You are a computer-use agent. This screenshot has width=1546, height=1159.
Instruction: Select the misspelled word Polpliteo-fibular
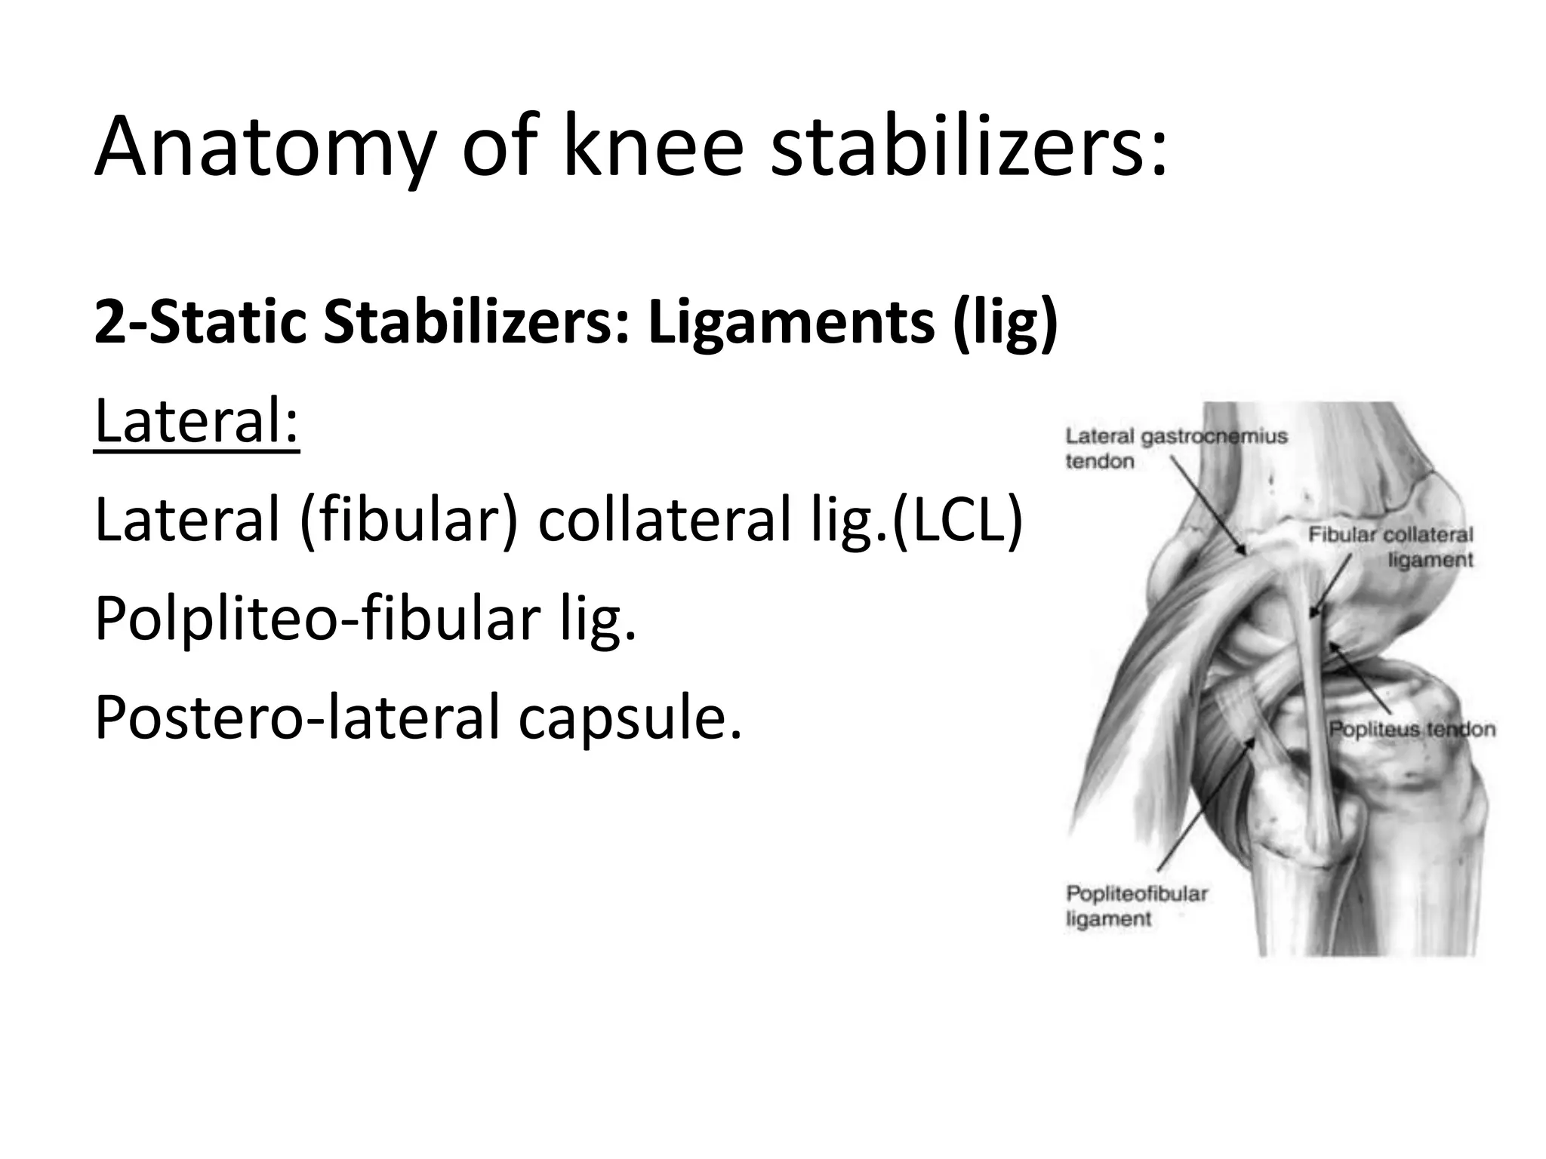317,619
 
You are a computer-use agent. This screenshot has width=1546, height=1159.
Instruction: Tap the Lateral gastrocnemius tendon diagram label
1175,448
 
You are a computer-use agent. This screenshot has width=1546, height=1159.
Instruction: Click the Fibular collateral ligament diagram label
1390,547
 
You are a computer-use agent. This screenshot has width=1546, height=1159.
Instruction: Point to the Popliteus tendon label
1412,729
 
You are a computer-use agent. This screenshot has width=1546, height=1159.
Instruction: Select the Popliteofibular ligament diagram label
1136,905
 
